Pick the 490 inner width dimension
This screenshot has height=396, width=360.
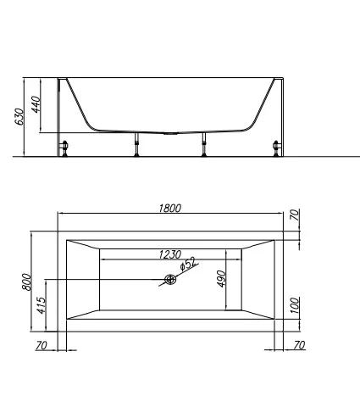pyautogui.click(x=223, y=280)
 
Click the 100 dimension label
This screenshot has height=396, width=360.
pyautogui.click(x=293, y=305)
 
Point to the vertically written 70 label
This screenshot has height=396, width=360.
pyautogui.click(x=293, y=216)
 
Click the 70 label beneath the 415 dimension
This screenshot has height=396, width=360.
pyautogui.click(x=41, y=345)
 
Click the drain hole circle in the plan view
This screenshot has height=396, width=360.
pyautogui.click(x=170, y=280)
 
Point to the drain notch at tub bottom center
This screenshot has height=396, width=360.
pyautogui.click(x=170, y=132)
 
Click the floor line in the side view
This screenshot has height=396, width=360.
pyautogui.click(x=322, y=157)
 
